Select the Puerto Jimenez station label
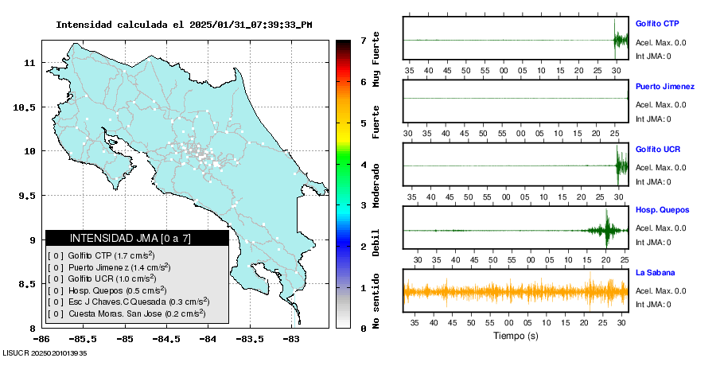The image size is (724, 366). coord(664,87)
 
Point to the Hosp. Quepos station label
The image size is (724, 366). coord(662,211)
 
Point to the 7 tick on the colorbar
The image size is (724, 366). coord(363,40)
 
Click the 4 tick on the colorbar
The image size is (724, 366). coord(363,164)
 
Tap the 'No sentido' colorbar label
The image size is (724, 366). coord(376,301)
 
